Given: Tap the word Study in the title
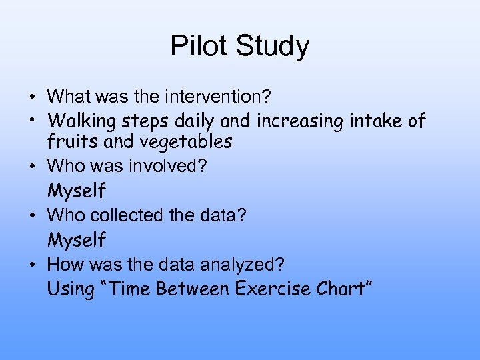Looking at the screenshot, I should [x=273, y=47].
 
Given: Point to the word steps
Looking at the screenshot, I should [x=146, y=121].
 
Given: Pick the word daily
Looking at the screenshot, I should [x=195, y=121].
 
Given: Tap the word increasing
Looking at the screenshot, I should [x=289, y=121].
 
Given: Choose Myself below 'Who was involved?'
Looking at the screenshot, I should [x=77, y=191].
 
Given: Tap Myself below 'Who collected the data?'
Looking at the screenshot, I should [x=77, y=240].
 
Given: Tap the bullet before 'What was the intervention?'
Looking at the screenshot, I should [x=33, y=97].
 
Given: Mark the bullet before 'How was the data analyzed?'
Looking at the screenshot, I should [x=33, y=265].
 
